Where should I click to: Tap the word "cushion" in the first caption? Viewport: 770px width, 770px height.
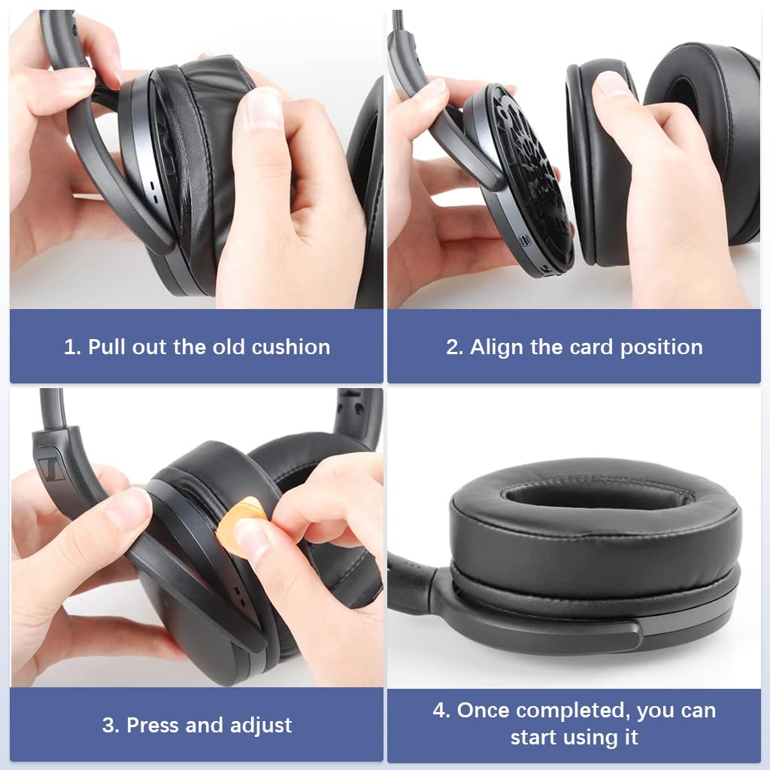click(x=290, y=347)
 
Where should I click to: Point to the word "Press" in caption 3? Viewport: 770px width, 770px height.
click(x=153, y=725)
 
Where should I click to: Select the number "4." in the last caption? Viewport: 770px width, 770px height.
click(x=442, y=710)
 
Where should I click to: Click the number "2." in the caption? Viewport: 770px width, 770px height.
click(x=454, y=347)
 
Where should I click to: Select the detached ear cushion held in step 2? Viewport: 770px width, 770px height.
click(x=594, y=165)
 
